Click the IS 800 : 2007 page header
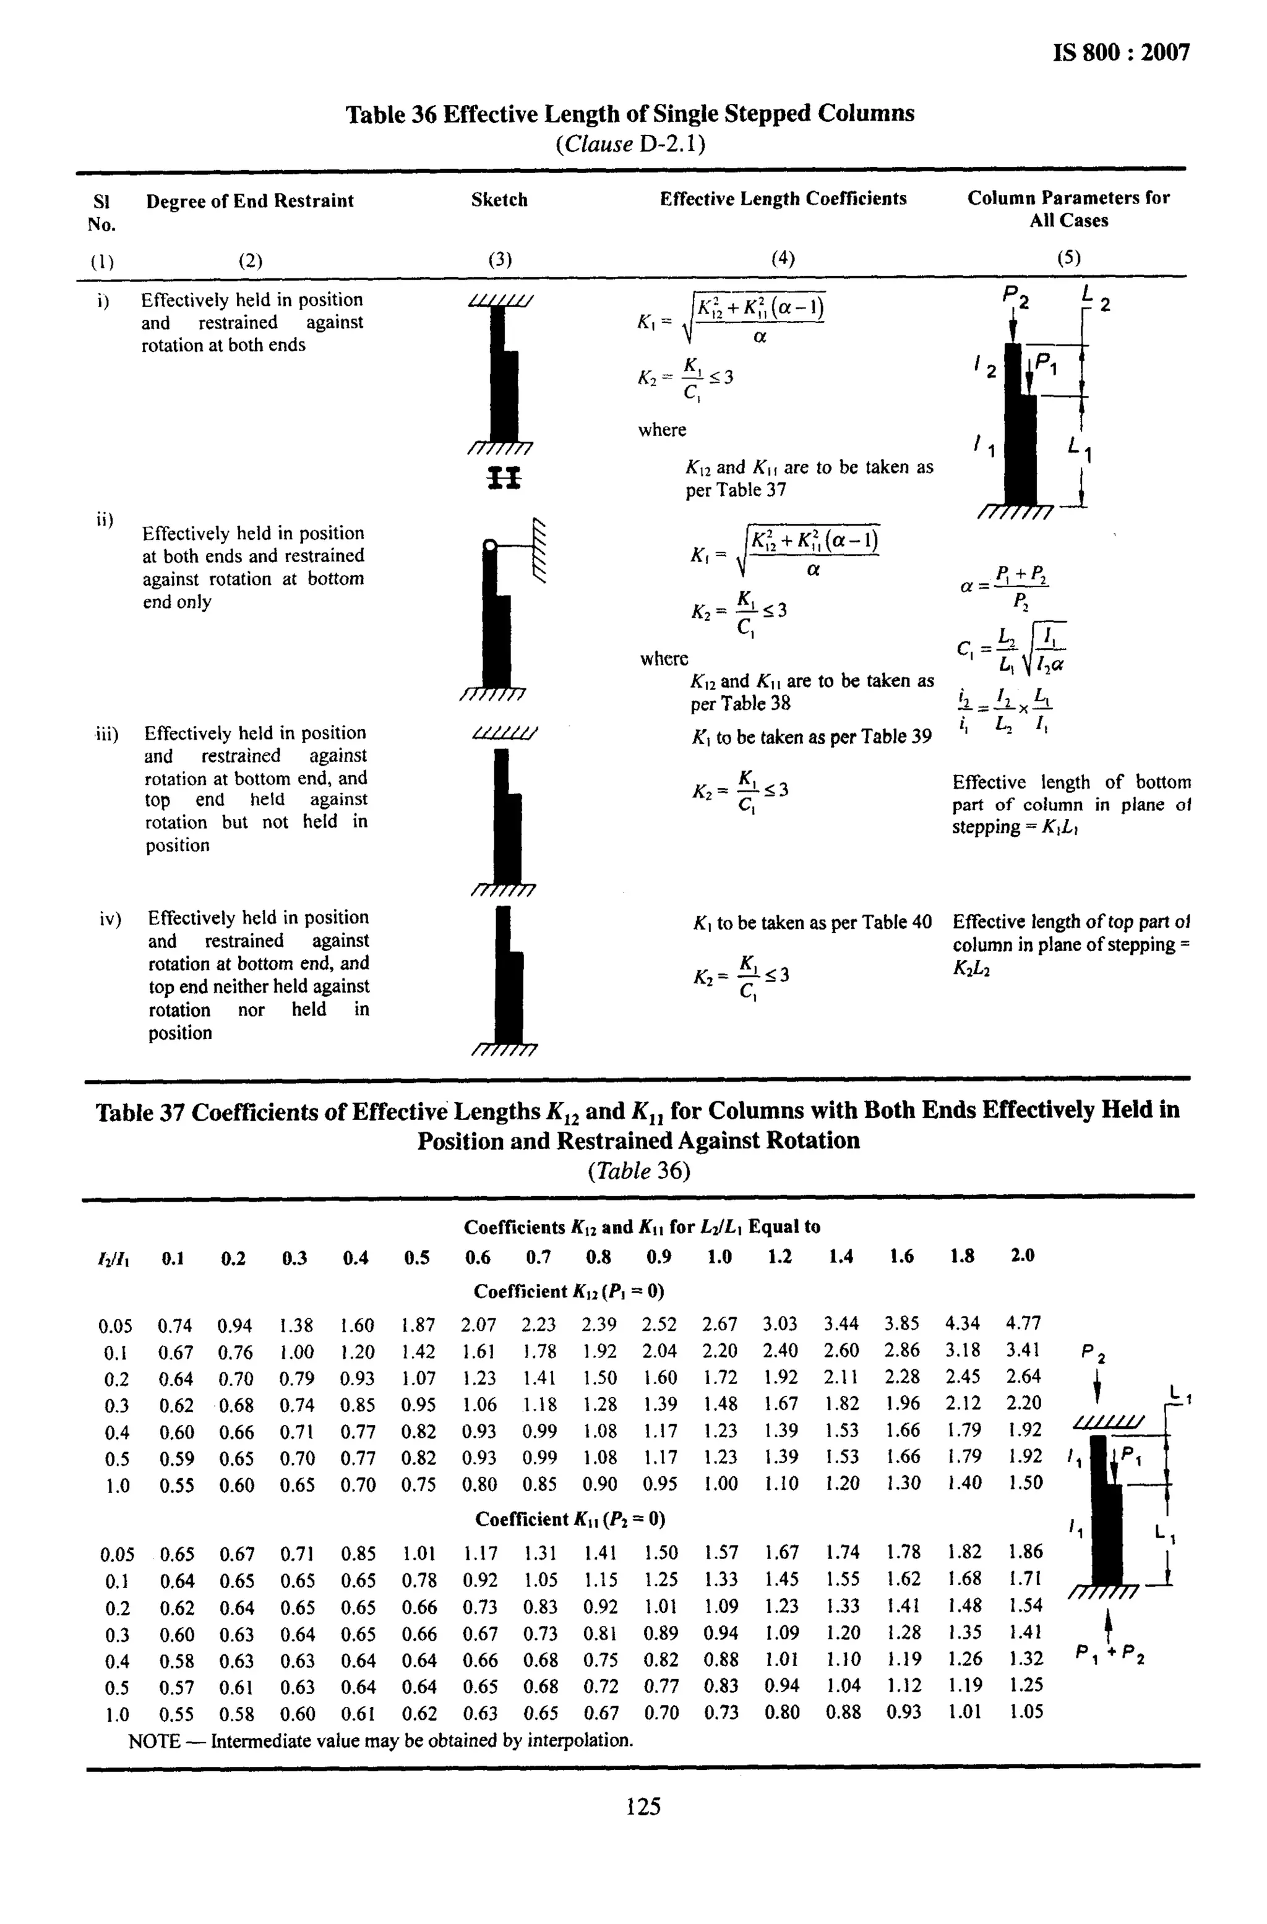(1122, 53)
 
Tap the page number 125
(643, 1806)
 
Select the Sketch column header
(499, 200)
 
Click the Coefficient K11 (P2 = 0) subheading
(570, 1519)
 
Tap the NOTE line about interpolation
(380, 1740)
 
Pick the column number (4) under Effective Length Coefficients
(782, 259)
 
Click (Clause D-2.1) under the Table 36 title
(630, 145)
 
